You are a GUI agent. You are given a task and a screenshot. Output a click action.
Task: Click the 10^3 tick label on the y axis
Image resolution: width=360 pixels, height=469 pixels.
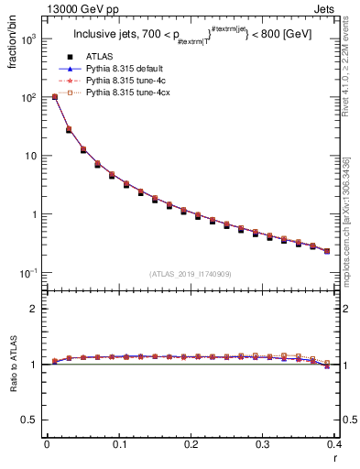[x=29, y=39]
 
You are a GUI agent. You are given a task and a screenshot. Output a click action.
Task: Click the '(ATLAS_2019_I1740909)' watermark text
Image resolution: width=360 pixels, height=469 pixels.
[x=190, y=274]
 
